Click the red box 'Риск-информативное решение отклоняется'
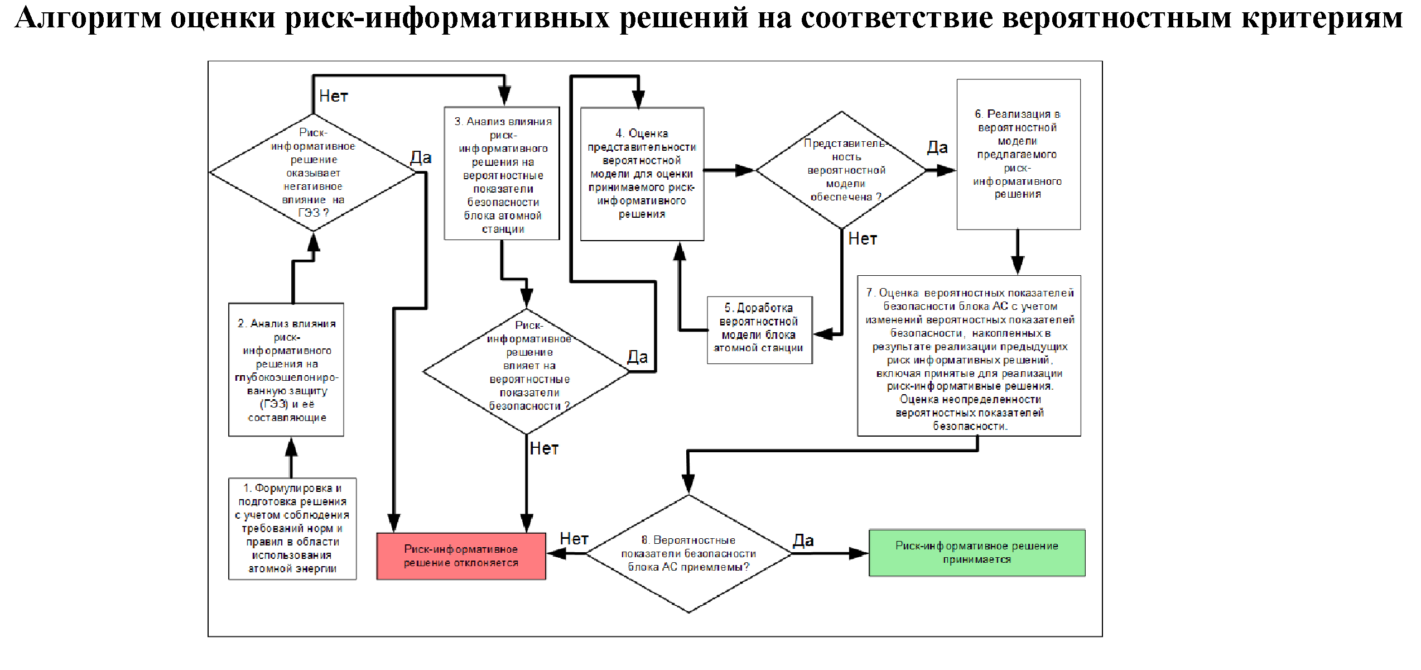[461, 556]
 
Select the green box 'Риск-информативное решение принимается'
[977, 553]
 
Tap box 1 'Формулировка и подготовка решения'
[292, 528]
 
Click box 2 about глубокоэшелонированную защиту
[286, 370]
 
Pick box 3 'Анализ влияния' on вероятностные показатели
[502, 174]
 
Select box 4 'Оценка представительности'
[642, 174]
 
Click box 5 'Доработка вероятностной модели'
[759, 330]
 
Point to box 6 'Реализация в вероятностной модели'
[1018, 154]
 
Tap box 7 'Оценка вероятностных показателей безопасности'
[969, 356]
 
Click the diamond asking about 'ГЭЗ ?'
[313, 173]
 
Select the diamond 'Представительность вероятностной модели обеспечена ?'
[842, 170]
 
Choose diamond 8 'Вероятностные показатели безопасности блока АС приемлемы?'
[688, 554]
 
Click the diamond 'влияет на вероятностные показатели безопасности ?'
[527, 371]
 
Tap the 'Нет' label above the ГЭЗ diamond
[333, 96]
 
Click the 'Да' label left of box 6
[937, 147]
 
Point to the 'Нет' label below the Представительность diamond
[863, 239]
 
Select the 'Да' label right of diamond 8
[803, 540]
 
